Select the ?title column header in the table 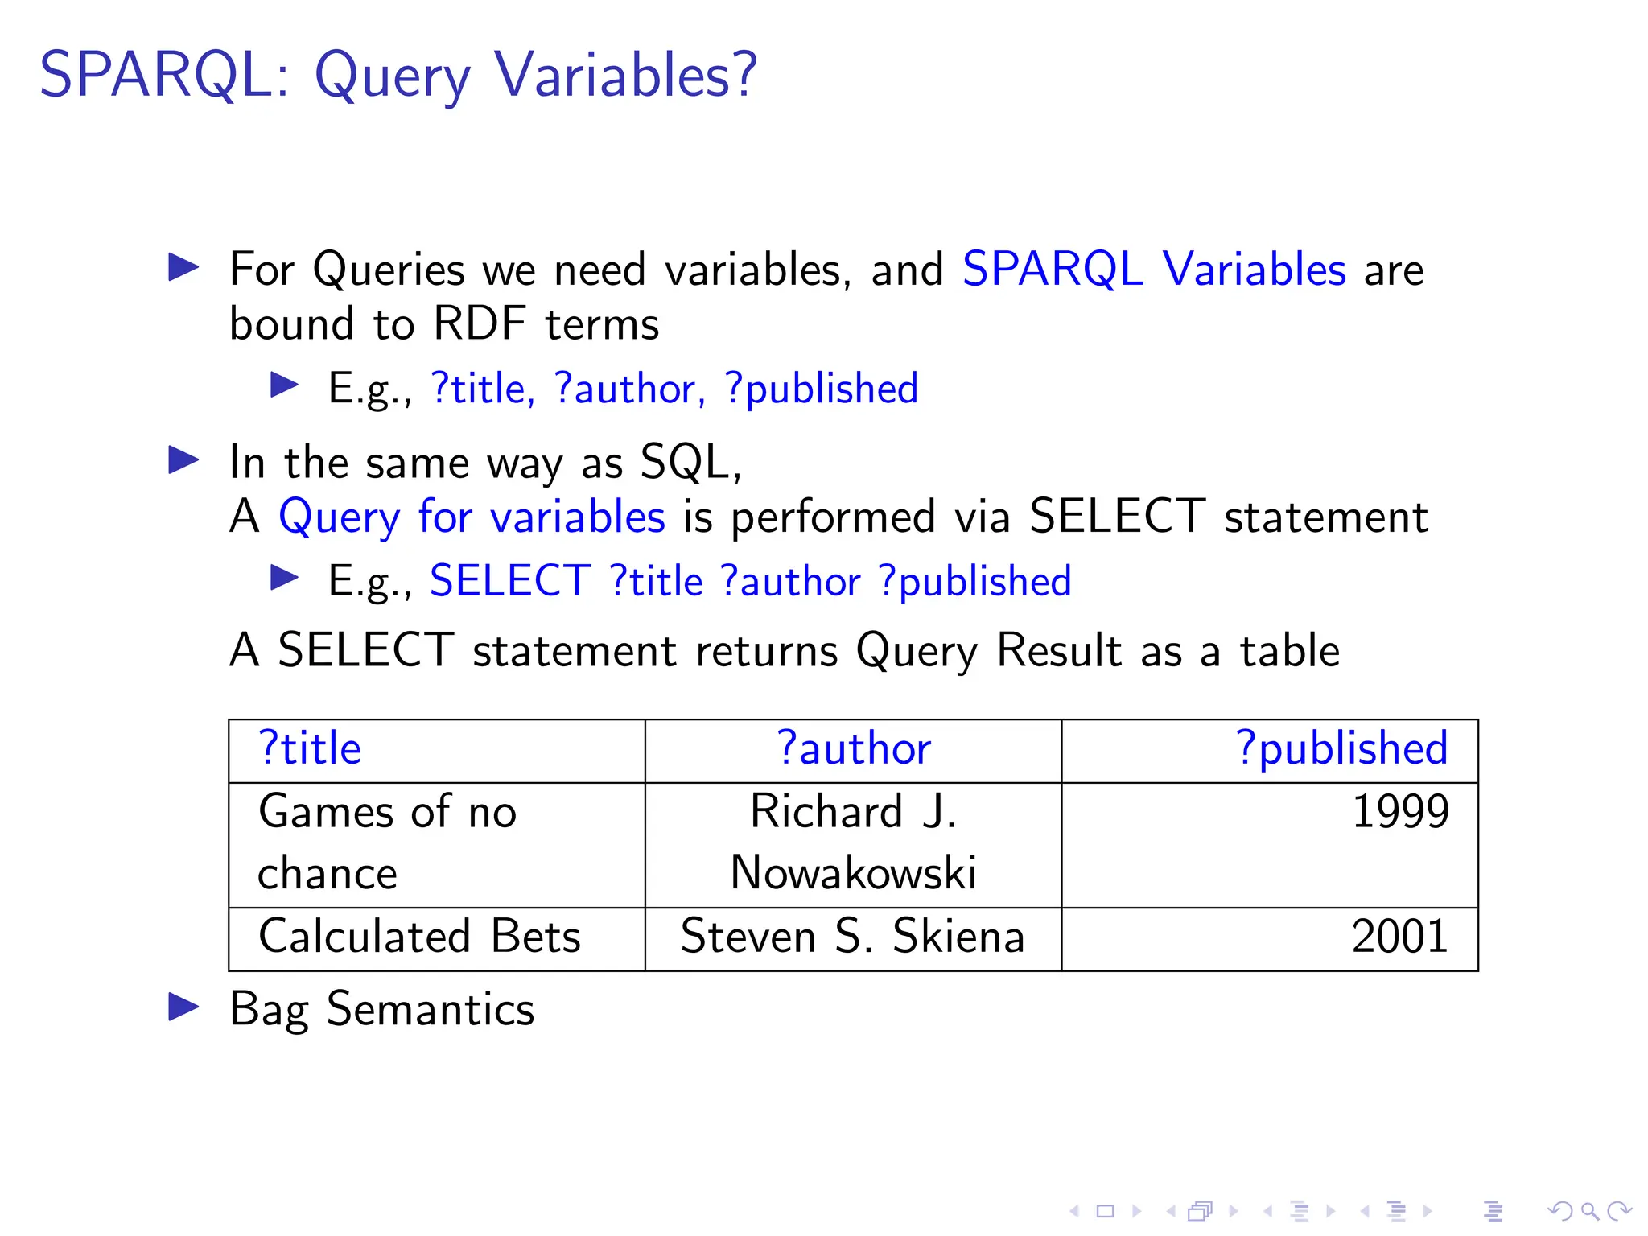click(x=310, y=749)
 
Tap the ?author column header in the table click(x=853, y=749)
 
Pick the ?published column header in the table click(x=1341, y=749)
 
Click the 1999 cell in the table click(x=1400, y=811)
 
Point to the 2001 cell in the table click(x=1400, y=937)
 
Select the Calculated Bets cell click(x=419, y=937)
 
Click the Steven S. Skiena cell click(x=853, y=937)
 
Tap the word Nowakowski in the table click(x=853, y=873)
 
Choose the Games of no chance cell click(x=386, y=842)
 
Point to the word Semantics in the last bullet click(x=431, y=1009)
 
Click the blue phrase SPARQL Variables click(x=1154, y=270)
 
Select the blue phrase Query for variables click(x=472, y=517)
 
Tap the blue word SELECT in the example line click(x=510, y=581)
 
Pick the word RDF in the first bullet click(x=479, y=324)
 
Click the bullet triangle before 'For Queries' click(x=183, y=267)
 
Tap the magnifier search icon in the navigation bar click(x=1589, y=1210)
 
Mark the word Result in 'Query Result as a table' click(x=1059, y=651)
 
